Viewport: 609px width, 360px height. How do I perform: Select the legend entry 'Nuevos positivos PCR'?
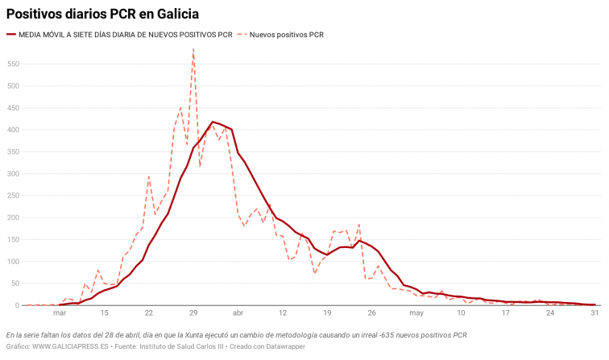[x=286, y=35]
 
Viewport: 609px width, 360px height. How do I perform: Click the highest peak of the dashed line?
[x=193, y=49]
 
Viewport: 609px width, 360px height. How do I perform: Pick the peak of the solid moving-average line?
[x=213, y=122]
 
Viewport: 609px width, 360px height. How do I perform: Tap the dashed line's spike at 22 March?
[x=149, y=176]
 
